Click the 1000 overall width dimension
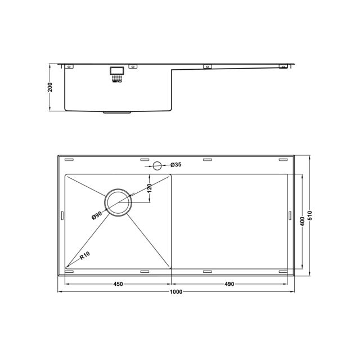coord(176,292)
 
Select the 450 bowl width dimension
coord(118,284)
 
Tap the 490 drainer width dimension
coord(229,284)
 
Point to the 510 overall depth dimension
coord(310,215)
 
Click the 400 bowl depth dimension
coord(303,221)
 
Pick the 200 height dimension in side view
coord(50,87)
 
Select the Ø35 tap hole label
coord(176,165)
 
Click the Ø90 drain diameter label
coord(97,215)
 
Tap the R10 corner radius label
coord(85,256)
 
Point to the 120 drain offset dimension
coord(150,188)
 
